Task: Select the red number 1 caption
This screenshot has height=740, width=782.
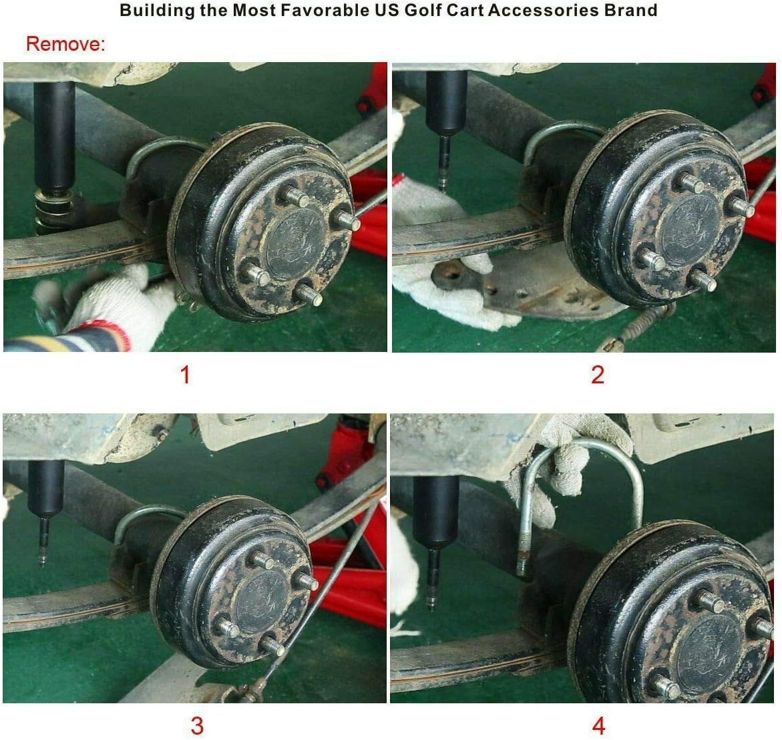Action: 185,375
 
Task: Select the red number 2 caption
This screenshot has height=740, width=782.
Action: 598,375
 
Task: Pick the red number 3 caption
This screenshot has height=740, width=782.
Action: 197,725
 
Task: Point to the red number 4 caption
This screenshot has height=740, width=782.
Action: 598,725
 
